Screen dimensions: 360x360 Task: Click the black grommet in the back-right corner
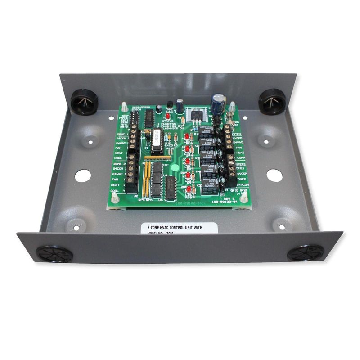(x=272, y=101)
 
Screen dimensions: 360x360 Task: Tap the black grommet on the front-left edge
(x=54, y=254)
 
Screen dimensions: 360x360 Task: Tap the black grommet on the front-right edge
(x=306, y=253)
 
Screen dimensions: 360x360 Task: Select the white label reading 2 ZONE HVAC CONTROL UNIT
(x=179, y=226)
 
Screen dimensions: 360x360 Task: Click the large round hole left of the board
(x=83, y=175)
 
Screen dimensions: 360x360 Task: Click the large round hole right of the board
(x=274, y=175)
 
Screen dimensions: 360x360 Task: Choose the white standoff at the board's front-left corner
(x=115, y=198)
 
